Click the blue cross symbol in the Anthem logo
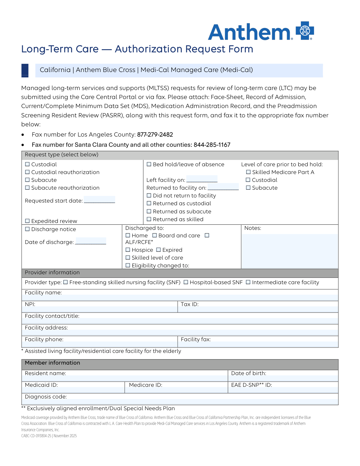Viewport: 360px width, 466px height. (305, 31)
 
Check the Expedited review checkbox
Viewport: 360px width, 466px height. (27, 221)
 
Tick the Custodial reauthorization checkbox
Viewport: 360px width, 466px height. (27, 172)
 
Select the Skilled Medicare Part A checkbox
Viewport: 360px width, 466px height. (248, 172)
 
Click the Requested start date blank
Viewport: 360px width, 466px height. (99, 200)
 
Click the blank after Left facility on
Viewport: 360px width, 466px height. (202, 179)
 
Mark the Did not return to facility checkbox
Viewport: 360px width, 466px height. (149, 196)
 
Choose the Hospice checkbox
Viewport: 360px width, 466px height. (128, 250)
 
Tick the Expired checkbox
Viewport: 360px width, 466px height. (158, 250)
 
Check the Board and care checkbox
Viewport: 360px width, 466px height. (154, 236)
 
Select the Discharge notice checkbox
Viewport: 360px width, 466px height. (27, 229)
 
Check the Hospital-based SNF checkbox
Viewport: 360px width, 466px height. (186, 282)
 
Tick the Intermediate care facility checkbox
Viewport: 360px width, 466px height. (248, 282)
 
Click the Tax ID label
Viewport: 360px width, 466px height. (190, 304)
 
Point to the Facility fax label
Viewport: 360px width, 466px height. (196, 339)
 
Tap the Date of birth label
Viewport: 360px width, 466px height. (248, 373)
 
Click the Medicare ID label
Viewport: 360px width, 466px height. (145, 385)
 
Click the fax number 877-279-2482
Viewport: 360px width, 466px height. (155, 135)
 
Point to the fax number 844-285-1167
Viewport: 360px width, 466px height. (212, 145)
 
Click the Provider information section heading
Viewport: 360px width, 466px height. (52, 272)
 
